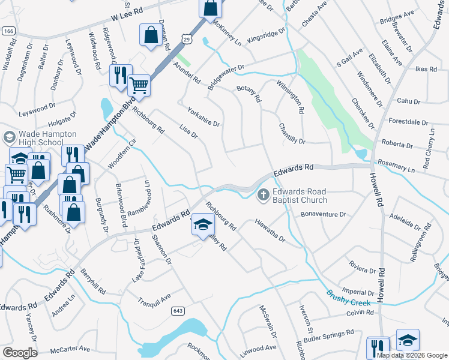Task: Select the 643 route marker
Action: (x=177, y=310)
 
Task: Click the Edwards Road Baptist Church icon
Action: (x=263, y=194)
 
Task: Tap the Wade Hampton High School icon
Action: (x=9, y=137)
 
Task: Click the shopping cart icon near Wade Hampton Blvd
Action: (x=139, y=85)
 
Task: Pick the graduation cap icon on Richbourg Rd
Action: (x=203, y=226)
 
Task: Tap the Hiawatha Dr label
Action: (x=269, y=231)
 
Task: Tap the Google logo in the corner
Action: (x=19, y=353)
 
